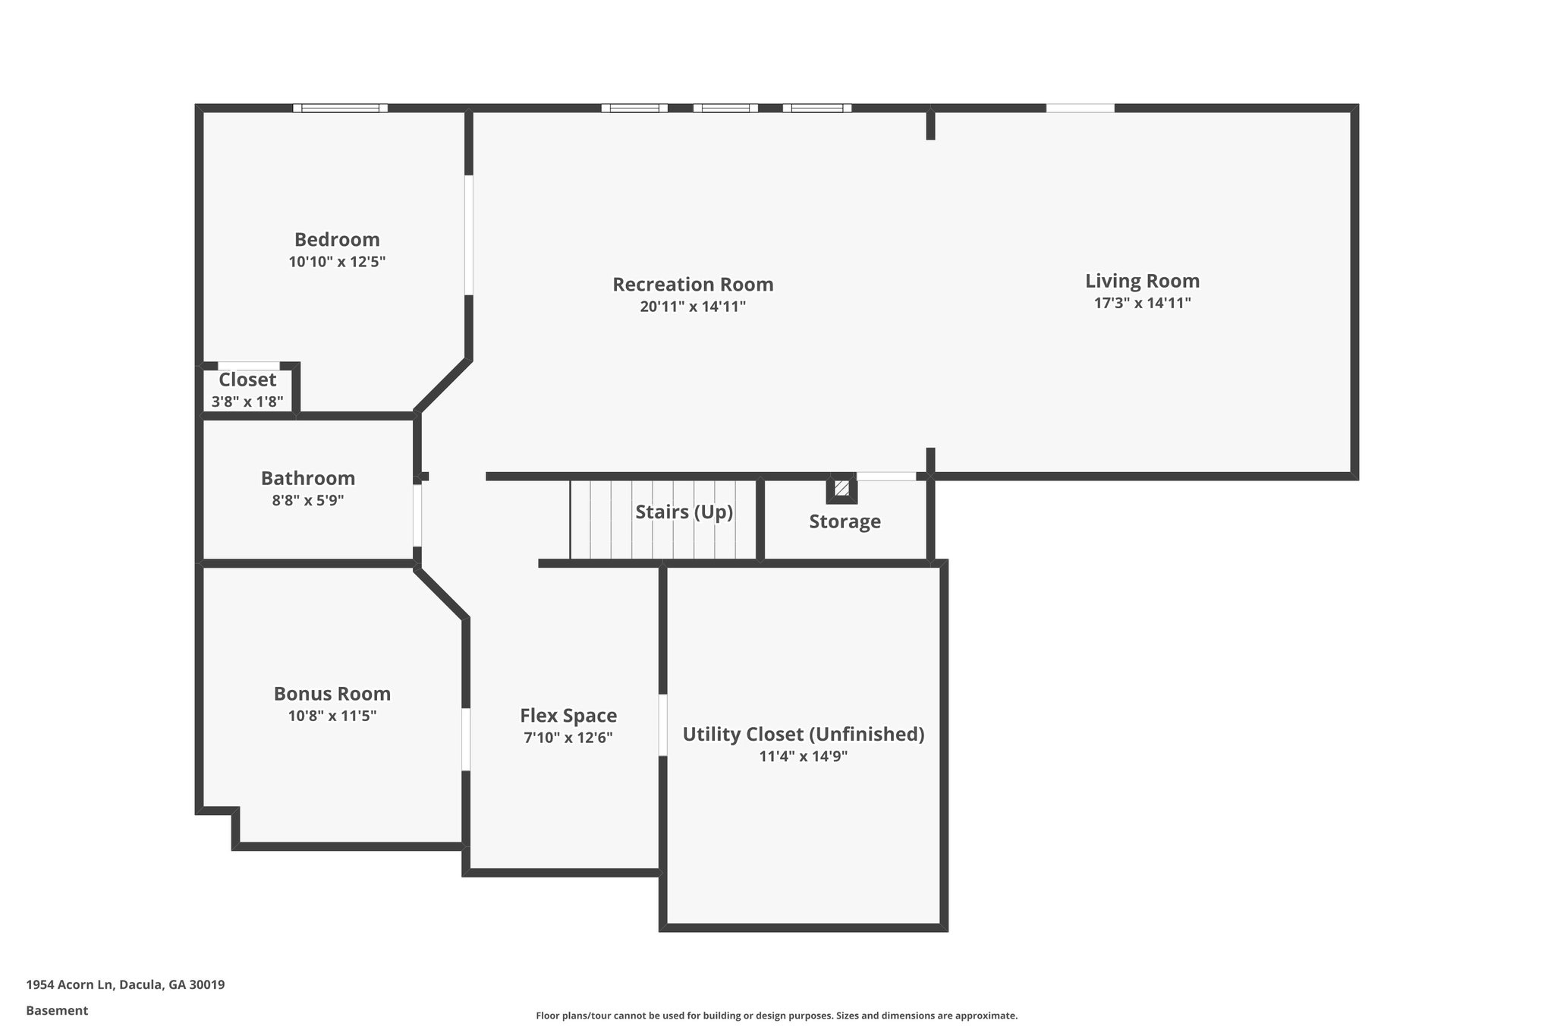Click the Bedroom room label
pos(337,240)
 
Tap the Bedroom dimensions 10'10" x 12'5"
pos(337,262)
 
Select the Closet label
pos(247,379)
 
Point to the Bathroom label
pos(308,478)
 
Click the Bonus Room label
pos(332,694)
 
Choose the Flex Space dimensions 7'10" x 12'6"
pos(568,738)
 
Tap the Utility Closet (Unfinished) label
pos(804,734)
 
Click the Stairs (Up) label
pos(684,512)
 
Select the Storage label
pos(845,521)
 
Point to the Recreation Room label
pos(693,285)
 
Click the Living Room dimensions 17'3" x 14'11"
pos(1142,303)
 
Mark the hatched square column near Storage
pos(841,488)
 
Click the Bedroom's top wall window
pos(341,108)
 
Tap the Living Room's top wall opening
pos(1081,108)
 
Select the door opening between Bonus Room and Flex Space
pos(466,738)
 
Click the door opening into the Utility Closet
pos(662,725)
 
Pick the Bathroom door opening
pos(417,515)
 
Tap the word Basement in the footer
pos(57,1011)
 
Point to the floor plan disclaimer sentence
pos(776,1016)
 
